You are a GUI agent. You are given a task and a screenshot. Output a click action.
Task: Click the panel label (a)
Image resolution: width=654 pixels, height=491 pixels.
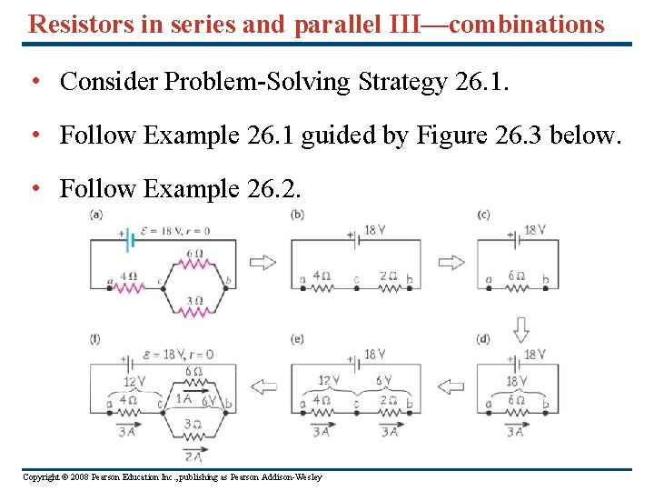coord(96,215)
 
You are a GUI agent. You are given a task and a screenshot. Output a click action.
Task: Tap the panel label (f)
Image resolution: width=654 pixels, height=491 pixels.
coord(95,339)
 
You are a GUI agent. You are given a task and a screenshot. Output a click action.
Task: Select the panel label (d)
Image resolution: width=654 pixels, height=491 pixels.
coord(483,339)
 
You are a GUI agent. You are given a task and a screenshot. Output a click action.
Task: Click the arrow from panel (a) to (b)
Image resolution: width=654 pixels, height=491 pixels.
coord(263,263)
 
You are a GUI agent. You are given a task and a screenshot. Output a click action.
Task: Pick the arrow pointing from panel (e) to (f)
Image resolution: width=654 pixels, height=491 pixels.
coord(263,387)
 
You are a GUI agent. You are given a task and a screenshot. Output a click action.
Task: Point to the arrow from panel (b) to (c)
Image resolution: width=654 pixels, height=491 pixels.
coord(451,263)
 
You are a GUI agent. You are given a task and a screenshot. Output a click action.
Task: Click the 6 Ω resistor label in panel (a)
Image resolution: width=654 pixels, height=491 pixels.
coord(193,253)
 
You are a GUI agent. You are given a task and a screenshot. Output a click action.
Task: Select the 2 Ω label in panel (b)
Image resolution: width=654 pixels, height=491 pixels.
coord(387,275)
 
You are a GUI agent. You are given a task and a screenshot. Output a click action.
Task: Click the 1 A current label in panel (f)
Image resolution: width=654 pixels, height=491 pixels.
coord(183,398)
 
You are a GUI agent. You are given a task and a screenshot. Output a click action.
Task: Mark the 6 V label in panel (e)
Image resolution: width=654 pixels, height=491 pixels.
coord(383,380)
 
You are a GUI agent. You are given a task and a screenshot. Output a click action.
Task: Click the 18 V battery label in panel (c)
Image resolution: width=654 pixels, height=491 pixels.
coord(535,230)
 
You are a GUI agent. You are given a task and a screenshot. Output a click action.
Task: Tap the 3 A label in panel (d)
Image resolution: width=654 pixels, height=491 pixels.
coord(516,432)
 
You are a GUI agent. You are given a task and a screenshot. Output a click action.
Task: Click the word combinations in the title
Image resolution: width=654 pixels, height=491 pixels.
coord(526,24)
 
